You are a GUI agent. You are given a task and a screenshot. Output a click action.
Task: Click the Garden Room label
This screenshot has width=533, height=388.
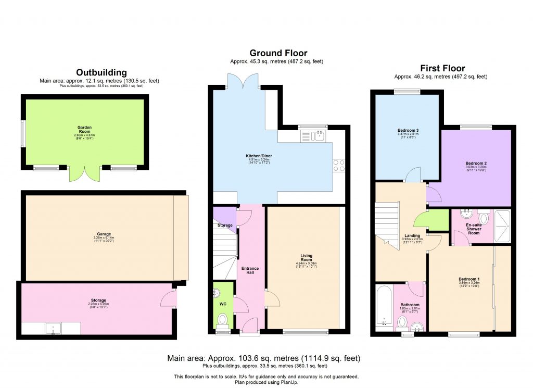[82, 129]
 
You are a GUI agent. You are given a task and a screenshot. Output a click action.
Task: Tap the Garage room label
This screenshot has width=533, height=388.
[104, 234]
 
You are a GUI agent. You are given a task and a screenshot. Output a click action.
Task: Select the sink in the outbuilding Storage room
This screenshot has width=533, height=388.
[54, 328]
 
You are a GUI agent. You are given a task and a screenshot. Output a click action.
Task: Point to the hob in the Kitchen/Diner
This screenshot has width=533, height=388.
[339, 165]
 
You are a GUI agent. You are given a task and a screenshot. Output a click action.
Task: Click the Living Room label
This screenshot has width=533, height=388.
[307, 258]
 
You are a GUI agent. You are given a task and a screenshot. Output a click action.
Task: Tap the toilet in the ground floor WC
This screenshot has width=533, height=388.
[222, 319]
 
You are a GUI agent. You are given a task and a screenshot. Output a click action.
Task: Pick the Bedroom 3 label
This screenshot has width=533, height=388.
[408, 130]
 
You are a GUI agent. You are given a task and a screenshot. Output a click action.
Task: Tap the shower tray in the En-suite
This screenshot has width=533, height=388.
[503, 226]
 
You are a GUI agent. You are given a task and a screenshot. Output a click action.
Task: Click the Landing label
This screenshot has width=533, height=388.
[412, 235]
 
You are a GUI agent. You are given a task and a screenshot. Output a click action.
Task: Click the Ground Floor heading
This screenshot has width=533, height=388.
[278, 53]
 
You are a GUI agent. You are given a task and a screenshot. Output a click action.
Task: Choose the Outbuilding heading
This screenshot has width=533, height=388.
[101, 72]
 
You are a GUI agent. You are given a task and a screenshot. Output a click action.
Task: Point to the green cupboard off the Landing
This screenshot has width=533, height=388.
[438, 220]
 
